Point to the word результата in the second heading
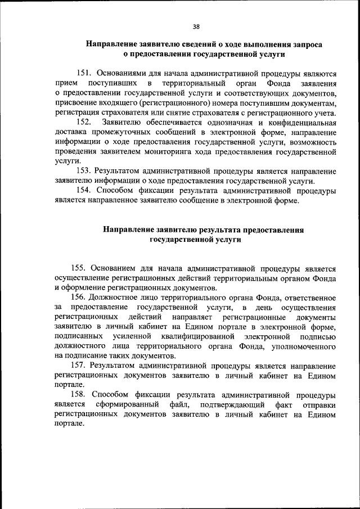pos(223,229)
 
